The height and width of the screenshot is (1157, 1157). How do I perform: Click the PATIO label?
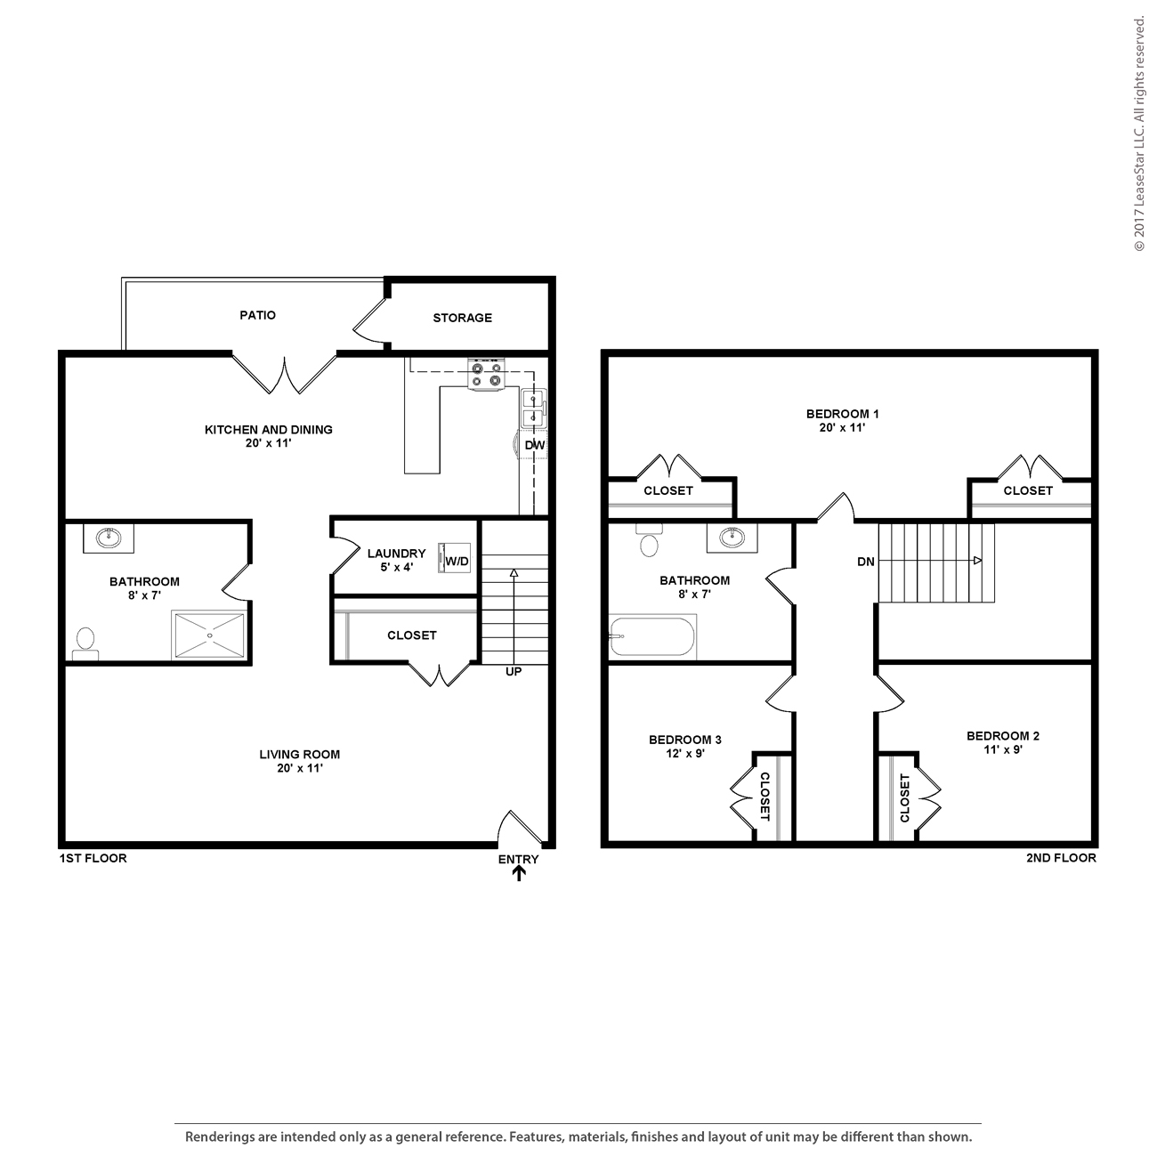point(257,315)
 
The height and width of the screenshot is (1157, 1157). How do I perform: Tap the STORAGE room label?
point(462,318)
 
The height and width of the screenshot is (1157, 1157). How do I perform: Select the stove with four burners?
point(486,375)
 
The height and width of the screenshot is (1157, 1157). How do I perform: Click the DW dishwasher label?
point(534,445)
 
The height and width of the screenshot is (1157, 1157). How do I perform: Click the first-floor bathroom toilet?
point(85,643)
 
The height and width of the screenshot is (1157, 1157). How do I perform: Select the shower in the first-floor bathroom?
point(209,635)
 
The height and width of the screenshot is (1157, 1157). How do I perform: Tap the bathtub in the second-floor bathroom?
point(652,636)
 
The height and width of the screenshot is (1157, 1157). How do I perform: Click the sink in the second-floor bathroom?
point(732,538)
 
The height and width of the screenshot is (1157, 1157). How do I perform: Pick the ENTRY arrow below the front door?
point(519,873)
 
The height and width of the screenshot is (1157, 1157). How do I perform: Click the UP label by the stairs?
point(514,672)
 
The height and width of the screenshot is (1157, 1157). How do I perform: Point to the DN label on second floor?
point(866,562)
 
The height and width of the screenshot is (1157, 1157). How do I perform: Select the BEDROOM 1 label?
point(842,414)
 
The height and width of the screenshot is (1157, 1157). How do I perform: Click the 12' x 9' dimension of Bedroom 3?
point(685,754)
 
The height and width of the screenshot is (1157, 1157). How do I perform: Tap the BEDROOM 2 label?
point(1003,736)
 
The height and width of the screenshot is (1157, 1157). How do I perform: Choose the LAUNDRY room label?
point(396,554)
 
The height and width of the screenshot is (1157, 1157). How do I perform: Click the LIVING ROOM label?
point(300,755)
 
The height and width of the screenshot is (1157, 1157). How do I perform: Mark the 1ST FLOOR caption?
point(93,859)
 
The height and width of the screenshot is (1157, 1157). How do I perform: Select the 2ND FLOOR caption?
point(1061,858)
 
